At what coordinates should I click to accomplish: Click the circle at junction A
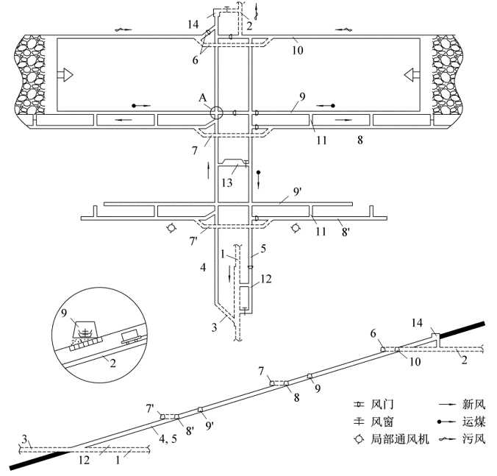coord(215,113)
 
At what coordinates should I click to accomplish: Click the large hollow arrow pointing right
coord(67,74)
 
